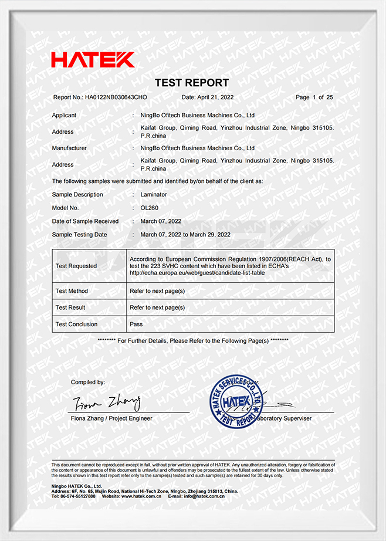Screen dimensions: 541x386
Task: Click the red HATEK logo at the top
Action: click(93, 59)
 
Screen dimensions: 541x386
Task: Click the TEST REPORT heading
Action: click(192, 83)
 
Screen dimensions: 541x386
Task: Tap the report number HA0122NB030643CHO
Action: click(116, 97)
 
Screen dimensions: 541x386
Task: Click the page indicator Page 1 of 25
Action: click(314, 97)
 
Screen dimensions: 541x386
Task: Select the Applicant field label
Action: click(65, 116)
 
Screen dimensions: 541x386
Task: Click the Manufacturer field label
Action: click(69, 148)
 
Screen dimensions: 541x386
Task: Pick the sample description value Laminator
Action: click(154, 195)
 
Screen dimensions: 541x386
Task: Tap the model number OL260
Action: click(150, 208)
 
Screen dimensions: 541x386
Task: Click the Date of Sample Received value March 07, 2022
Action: click(161, 222)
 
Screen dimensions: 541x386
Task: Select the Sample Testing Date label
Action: click(80, 235)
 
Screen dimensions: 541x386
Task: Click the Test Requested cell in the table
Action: click(76, 266)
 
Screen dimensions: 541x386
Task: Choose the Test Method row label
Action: click(72, 291)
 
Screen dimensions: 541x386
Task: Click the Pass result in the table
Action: click(136, 324)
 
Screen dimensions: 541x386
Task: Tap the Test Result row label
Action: click(70, 307)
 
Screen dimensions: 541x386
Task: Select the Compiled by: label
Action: click(88, 383)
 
